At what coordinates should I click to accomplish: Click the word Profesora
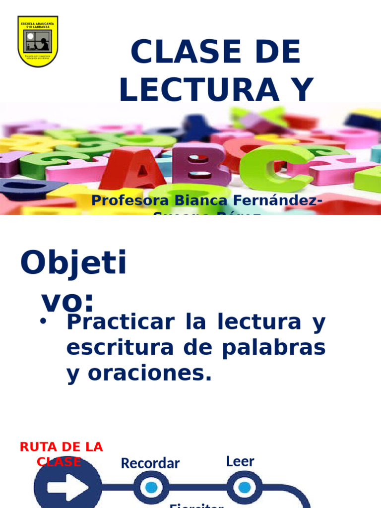[130, 201]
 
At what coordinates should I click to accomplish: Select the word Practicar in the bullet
[121, 322]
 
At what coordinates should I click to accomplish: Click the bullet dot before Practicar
[43, 321]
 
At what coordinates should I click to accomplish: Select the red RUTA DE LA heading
[61, 446]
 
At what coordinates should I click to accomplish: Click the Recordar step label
[150, 463]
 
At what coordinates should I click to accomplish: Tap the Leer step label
[240, 461]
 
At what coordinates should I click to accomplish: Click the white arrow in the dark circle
[67, 487]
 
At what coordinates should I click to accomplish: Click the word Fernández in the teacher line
[273, 201]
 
